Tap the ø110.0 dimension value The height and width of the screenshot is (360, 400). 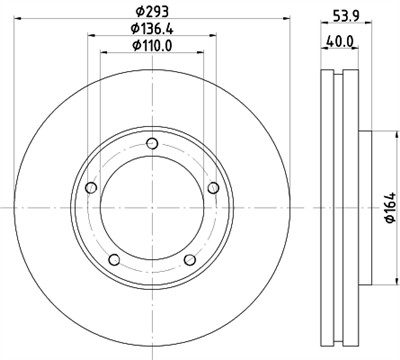click(151, 50)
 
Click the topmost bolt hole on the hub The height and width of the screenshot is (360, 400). click(152, 143)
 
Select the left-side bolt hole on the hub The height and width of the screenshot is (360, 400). click(91, 188)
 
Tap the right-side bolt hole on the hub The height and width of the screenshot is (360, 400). click(213, 188)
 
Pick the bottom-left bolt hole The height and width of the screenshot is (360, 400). click(114, 259)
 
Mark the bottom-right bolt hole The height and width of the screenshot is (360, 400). click(190, 259)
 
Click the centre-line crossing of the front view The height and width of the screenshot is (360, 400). click(152, 207)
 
